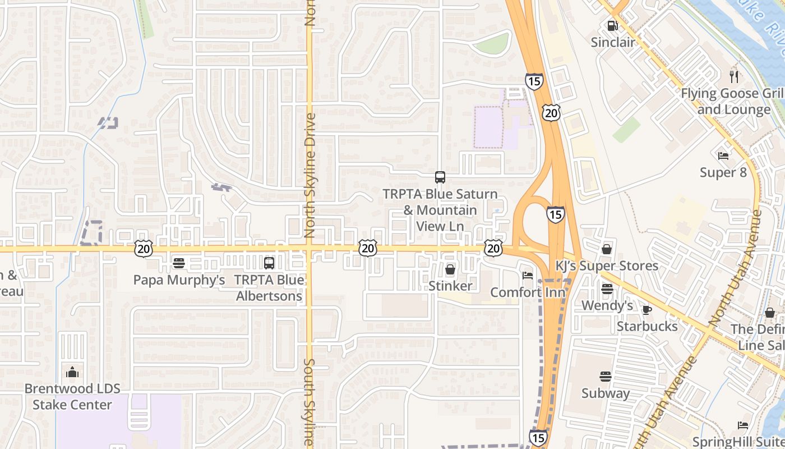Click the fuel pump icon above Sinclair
(x=612, y=26)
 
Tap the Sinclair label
(x=613, y=42)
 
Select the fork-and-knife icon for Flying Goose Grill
(x=734, y=76)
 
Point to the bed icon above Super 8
(x=723, y=155)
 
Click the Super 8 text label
(x=723, y=172)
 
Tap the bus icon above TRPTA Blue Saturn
(x=440, y=177)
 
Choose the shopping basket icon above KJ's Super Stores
(x=607, y=249)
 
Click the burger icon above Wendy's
(x=607, y=289)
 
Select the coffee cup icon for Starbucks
(x=647, y=310)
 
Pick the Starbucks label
(x=647, y=326)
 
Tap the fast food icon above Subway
(x=606, y=377)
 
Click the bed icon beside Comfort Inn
(x=527, y=275)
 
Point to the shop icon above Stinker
(x=450, y=269)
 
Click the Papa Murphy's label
(x=179, y=280)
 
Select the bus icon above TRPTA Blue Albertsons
(x=269, y=263)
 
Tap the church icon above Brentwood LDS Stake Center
(x=72, y=372)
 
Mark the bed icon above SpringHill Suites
(x=743, y=425)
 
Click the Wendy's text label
(x=607, y=305)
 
